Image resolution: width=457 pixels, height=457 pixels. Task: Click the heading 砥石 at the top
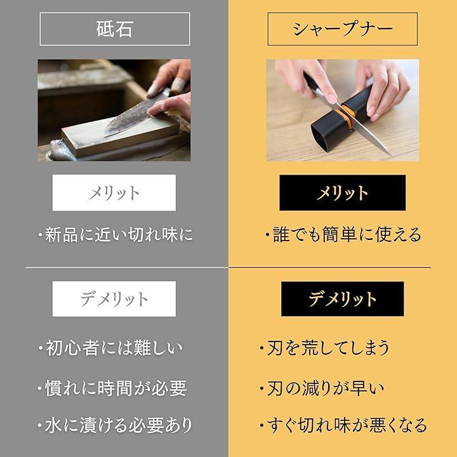114,29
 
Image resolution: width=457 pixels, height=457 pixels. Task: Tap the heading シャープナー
343,29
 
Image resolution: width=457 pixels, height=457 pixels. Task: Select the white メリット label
114,193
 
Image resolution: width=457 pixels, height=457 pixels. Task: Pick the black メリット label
343,193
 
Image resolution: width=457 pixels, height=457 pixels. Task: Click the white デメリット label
114,299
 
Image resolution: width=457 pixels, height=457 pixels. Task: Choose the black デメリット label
343,299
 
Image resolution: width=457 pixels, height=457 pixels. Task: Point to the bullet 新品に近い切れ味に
116,235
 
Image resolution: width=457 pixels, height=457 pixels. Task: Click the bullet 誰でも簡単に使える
343,235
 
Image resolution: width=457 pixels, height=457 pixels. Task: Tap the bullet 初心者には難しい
110,348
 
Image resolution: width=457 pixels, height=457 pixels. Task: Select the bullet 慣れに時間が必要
112,388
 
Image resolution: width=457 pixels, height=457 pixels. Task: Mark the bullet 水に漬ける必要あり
115,425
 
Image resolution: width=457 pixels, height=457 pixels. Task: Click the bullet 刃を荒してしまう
325,348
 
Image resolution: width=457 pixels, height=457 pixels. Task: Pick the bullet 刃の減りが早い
322,388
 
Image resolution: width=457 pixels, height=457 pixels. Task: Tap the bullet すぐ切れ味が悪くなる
343,425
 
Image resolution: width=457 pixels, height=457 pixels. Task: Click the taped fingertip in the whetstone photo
178,85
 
